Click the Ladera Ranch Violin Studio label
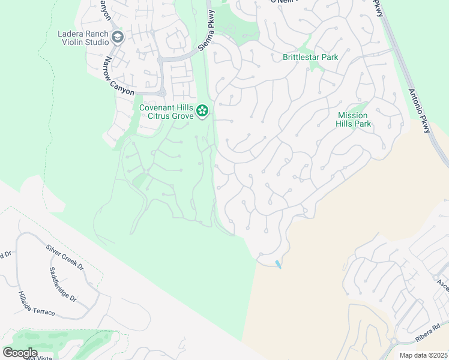coord(83,38)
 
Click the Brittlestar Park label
coord(310,58)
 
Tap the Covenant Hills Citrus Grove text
coord(166,112)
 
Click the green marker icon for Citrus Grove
coord(202,111)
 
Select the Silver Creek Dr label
coord(64,257)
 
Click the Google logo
coord(20,353)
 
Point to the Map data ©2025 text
coord(423,355)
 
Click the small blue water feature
coord(277,264)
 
